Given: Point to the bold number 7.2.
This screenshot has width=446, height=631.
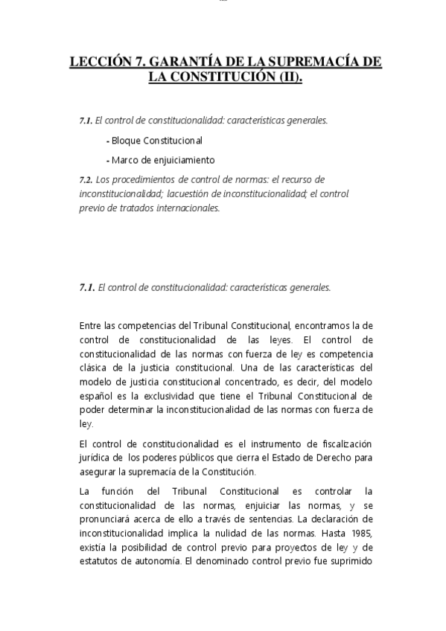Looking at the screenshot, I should coord(86,179).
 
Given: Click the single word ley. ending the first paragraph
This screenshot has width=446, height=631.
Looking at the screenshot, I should coord(86,423).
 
